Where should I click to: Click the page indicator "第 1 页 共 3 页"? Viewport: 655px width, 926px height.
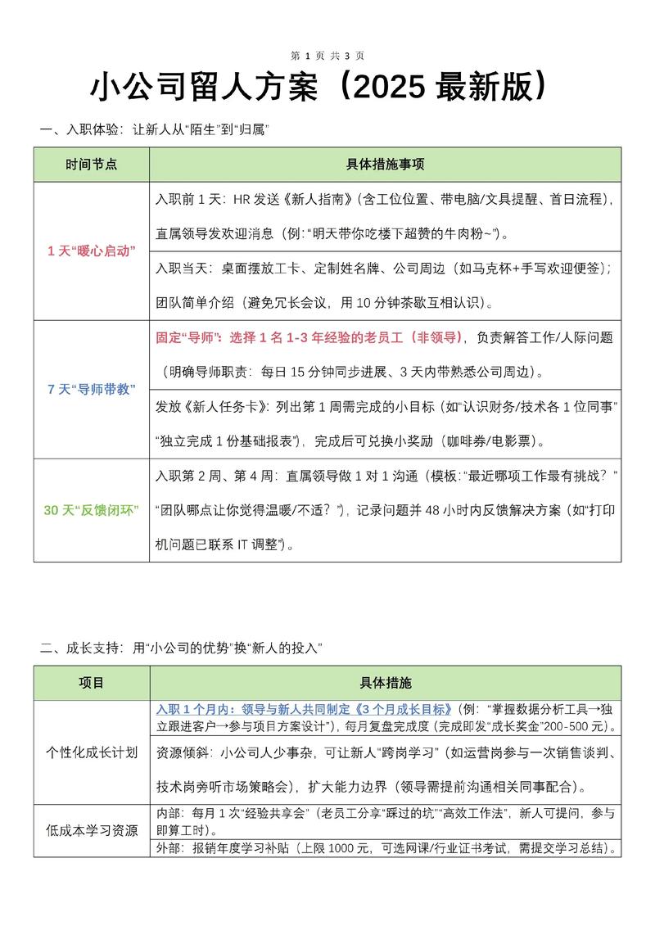[x=327, y=56]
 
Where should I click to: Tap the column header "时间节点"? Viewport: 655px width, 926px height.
[x=91, y=164]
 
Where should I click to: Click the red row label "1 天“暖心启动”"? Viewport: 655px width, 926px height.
[x=91, y=251]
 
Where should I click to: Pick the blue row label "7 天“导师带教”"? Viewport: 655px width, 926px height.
[x=91, y=389]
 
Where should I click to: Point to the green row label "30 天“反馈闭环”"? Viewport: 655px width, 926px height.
[x=91, y=510]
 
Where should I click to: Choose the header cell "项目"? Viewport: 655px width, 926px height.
[x=91, y=682]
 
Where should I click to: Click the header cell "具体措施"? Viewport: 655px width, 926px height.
[x=385, y=682]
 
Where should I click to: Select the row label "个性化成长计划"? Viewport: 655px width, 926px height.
[x=91, y=752]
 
